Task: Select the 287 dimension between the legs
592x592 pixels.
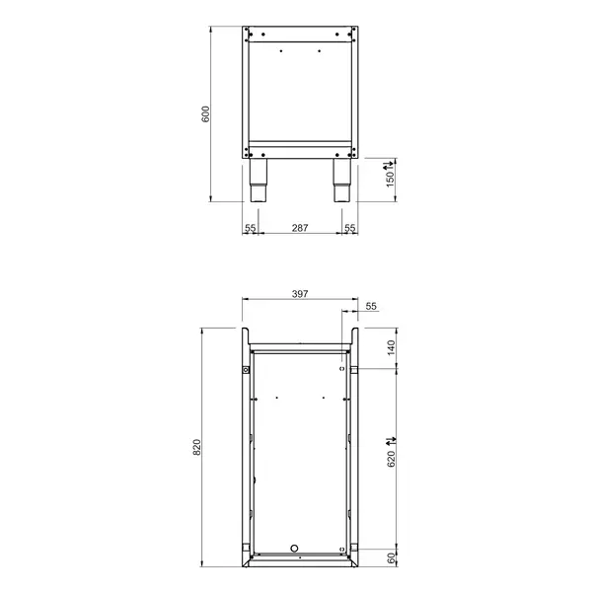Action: tap(300, 228)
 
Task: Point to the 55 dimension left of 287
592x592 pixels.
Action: tap(251, 228)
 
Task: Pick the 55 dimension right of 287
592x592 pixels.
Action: tap(350, 228)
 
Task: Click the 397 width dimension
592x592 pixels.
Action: tap(300, 293)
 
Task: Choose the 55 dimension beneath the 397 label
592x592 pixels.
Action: tap(371, 307)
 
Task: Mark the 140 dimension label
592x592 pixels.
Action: tap(390, 348)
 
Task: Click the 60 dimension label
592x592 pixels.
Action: tap(390, 558)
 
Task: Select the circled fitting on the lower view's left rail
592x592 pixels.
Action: tap(245, 370)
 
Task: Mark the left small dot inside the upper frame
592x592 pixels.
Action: tap(281, 51)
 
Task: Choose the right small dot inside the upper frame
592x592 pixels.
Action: tap(319, 51)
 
